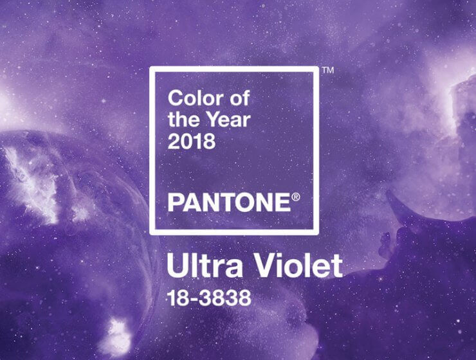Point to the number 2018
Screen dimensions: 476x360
192,141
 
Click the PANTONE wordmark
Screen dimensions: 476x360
229,203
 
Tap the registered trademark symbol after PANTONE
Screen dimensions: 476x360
296,197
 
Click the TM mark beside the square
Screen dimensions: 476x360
328,70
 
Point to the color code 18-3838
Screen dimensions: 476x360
209,298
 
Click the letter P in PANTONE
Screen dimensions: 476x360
175,203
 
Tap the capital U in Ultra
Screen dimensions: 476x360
176,265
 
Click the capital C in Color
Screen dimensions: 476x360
176,98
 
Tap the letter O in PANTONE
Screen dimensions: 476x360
248,203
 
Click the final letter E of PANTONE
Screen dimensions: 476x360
284,203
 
